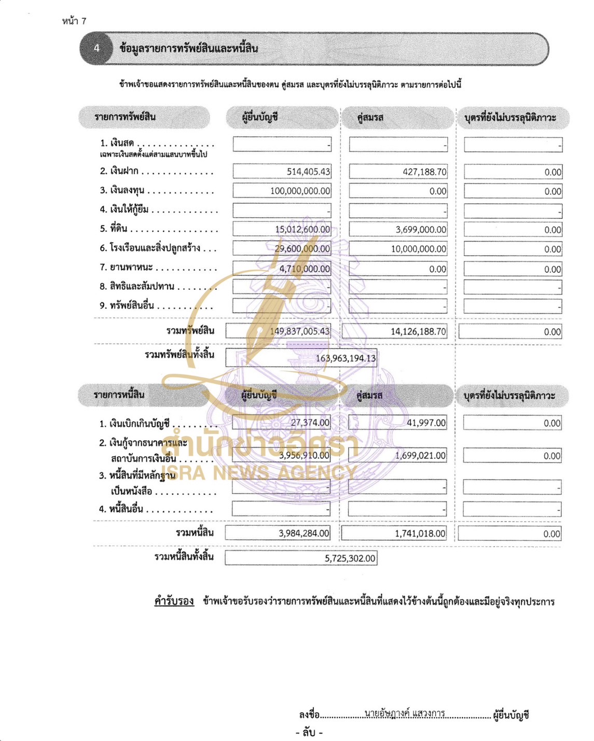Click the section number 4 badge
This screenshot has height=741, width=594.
click(x=96, y=48)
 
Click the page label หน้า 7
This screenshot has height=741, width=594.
click(x=74, y=21)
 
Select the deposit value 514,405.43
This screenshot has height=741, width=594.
click(x=308, y=172)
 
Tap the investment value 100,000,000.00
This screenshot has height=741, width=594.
click(x=300, y=191)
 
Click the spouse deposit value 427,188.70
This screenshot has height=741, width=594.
click(x=424, y=172)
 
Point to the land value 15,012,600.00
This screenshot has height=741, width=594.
click(x=302, y=229)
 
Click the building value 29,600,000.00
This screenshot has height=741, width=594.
click(x=302, y=249)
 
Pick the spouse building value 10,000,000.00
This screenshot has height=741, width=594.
click(x=418, y=249)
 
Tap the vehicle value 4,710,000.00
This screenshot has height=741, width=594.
click(x=305, y=269)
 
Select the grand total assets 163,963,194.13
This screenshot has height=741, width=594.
click(x=346, y=358)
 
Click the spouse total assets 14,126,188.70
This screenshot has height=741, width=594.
click(x=418, y=331)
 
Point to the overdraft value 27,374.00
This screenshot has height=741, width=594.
click(x=310, y=423)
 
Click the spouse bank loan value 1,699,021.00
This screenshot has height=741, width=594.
click(x=420, y=455)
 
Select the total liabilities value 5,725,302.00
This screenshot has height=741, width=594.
click(x=350, y=558)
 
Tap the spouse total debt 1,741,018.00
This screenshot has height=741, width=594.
click(x=420, y=533)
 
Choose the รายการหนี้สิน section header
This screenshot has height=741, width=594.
click(x=119, y=395)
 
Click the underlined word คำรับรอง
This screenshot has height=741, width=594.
click(x=174, y=601)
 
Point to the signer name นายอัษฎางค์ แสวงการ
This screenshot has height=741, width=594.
click(x=405, y=714)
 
